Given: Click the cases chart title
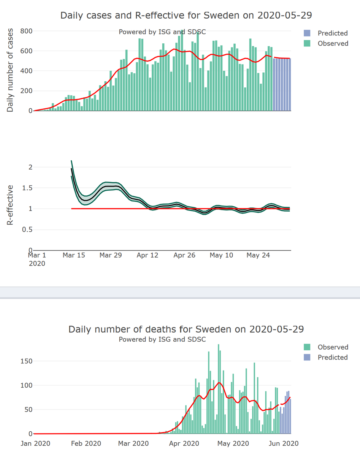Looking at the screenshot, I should (186, 16).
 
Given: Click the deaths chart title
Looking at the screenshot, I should (186, 329).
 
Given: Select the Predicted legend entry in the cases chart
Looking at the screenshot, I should (332, 33).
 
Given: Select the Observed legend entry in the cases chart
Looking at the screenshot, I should (333, 43).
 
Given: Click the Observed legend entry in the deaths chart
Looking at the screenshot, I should (333, 347).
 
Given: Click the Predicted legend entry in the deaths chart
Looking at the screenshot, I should (332, 357).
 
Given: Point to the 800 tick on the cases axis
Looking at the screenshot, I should (26, 31).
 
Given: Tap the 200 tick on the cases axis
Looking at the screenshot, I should (26, 91).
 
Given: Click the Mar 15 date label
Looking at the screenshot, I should (74, 255).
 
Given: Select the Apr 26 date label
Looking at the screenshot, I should (184, 255).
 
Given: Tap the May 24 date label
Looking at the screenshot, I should (258, 255).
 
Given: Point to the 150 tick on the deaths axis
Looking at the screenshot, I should (26, 361).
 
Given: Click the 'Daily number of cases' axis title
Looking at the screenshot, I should (10, 70).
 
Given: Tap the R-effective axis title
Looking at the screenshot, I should (10, 205).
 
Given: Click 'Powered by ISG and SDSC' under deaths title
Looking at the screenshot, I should (162, 339).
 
